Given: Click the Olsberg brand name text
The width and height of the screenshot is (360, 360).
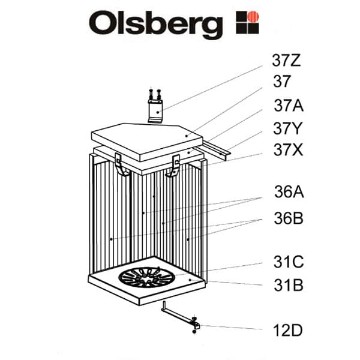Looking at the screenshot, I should point(155,24).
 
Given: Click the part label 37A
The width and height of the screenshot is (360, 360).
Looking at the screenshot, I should point(288,106).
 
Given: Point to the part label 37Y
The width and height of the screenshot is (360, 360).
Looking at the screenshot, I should point(288,128).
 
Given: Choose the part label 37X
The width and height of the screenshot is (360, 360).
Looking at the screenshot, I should point(288,150).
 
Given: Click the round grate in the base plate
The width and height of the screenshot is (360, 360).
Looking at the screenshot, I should point(147,278).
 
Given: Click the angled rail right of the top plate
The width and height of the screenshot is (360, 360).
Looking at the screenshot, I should point(217,148).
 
